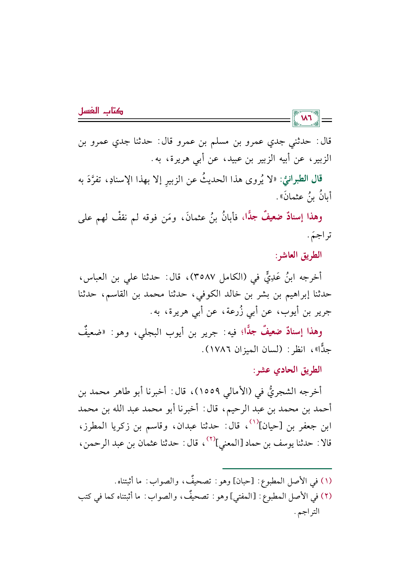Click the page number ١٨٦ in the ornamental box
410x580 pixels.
point(306,118)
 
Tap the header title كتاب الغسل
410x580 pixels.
point(101,111)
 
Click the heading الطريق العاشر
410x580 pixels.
point(299,255)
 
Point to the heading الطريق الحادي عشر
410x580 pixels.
point(287,370)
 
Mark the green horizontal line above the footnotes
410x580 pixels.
point(277,468)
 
